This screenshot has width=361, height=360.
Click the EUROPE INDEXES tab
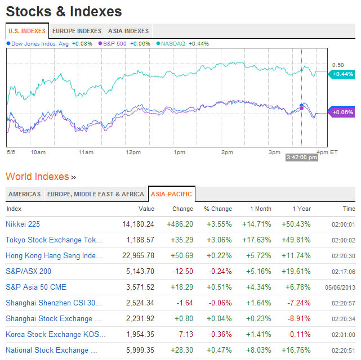click(x=77, y=31)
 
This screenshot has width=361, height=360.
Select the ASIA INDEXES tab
click(x=128, y=31)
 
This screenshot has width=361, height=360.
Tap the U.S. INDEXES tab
click(x=27, y=31)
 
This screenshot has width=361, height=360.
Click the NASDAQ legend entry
click(x=175, y=43)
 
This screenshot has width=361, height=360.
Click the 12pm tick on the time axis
click(x=133, y=152)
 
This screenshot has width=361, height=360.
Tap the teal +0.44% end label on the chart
click(x=342, y=74)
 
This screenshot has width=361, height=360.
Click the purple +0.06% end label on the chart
click(x=342, y=112)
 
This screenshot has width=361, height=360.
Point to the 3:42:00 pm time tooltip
click(x=302, y=157)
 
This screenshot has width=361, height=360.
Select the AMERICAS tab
click(x=24, y=194)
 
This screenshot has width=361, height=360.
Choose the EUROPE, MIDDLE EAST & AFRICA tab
click(x=95, y=194)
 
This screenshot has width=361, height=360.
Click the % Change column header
click(x=217, y=209)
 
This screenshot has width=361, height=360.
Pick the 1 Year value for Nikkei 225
click(x=296, y=224)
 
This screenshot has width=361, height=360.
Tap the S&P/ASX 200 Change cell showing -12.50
click(x=181, y=271)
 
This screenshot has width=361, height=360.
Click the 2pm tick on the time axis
click(x=227, y=152)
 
